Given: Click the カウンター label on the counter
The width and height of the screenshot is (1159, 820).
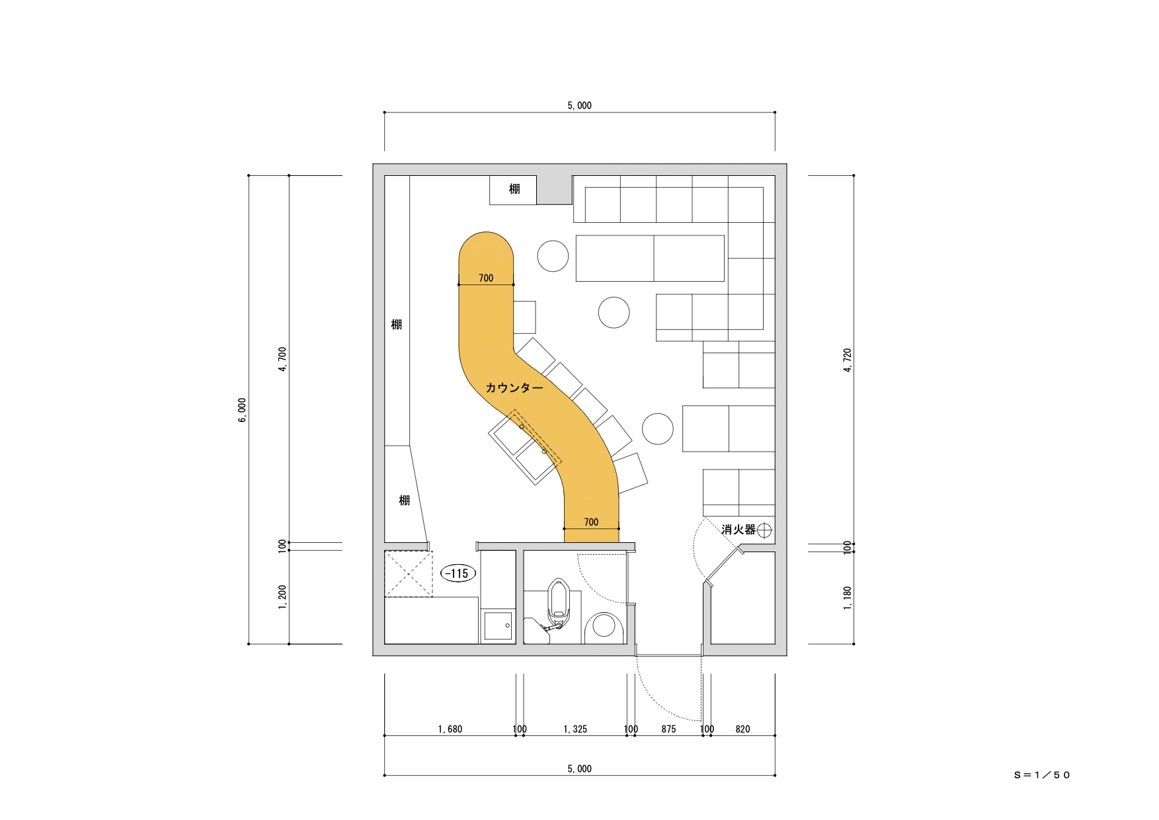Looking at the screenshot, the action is tap(514, 388).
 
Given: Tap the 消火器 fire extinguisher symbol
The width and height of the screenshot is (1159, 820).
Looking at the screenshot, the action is tap(765, 530).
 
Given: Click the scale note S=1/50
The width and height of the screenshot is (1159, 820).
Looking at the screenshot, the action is tap(1042, 775).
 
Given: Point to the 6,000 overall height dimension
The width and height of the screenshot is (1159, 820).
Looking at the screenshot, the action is tap(243, 410).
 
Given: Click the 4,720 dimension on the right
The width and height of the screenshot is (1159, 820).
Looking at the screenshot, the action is tap(848, 360).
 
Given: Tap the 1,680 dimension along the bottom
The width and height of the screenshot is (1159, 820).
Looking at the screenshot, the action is tap(450, 729).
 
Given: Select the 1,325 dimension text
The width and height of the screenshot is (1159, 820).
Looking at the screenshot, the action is tap(575, 729).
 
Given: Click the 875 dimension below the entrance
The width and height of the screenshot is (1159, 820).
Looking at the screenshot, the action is tap(668, 729).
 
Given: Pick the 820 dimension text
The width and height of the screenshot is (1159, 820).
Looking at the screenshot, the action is tap(742, 729).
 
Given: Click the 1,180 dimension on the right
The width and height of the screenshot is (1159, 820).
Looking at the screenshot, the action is tap(848, 598).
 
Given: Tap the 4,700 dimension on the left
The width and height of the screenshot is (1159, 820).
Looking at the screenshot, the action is tap(283, 360).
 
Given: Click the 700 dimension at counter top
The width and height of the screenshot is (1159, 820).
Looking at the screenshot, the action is tap(486, 278).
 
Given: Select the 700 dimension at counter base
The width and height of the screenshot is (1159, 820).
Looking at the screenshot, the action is tap(591, 522).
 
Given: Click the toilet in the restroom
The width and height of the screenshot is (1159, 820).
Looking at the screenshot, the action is tap(558, 604).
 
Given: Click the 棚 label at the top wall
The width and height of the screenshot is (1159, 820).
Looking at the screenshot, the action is tap(514, 189).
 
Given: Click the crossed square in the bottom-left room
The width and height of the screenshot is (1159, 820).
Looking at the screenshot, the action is tap(407, 573).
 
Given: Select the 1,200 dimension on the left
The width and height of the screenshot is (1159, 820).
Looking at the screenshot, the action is tap(283, 598).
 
